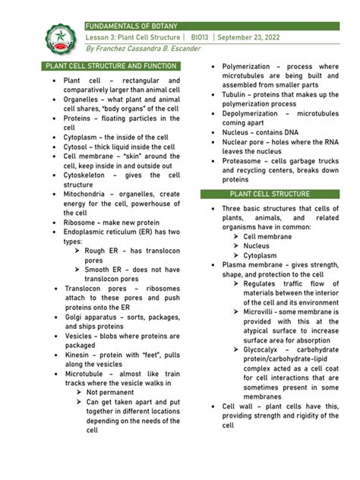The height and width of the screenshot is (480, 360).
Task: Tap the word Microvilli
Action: [263, 312]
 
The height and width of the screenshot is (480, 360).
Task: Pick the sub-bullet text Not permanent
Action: [115, 393]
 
